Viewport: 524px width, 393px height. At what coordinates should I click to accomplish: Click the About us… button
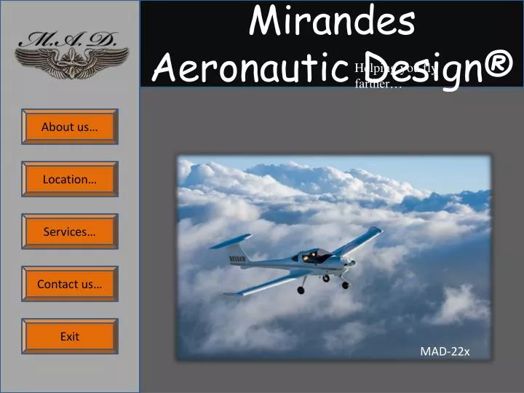(x=69, y=127)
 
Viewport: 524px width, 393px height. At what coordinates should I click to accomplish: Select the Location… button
(x=69, y=179)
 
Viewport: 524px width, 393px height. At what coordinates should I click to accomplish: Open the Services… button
(x=69, y=231)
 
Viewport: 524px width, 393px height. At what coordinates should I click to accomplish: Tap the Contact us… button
(x=69, y=284)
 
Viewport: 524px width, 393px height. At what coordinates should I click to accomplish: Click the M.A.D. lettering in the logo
(x=71, y=40)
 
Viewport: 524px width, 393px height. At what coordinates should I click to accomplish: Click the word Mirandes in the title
(x=332, y=22)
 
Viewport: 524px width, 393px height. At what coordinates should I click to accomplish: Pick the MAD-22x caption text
(x=445, y=352)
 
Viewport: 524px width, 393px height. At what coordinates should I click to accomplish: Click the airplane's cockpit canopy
(x=314, y=255)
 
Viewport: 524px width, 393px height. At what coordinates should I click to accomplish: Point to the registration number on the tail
(x=238, y=258)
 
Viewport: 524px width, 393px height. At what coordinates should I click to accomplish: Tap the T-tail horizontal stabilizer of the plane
(x=231, y=242)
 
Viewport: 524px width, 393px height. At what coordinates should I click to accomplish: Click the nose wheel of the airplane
(x=344, y=285)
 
